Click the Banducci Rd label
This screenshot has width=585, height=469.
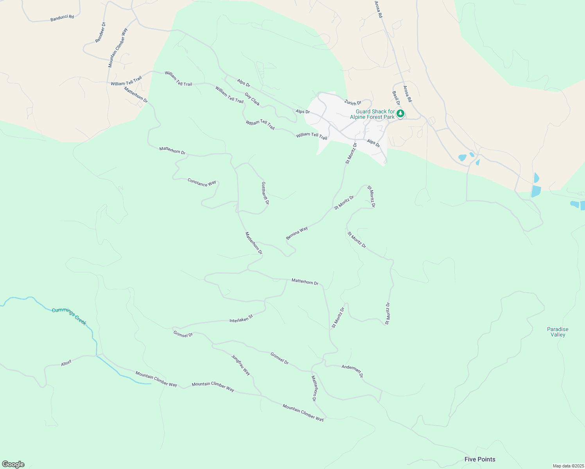[x=62, y=18]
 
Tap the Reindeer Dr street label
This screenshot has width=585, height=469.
[x=100, y=32]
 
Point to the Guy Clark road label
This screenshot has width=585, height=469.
[x=252, y=99]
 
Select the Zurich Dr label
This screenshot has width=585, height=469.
[x=353, y=103]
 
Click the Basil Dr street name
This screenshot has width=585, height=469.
[x=396, y=98]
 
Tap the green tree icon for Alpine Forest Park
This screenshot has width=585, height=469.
[x=400, y=114]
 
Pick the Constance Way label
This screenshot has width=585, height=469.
[x=202, y=182]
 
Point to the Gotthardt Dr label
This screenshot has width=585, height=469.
[x=265, y=193]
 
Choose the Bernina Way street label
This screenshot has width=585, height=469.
[x=297, y=233]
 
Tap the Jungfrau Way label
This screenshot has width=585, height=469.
[x=241, y=365]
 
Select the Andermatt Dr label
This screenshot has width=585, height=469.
[x=352, y=371]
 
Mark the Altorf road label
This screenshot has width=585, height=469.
[x=66, y=363]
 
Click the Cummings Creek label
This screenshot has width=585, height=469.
[x=69, y=316]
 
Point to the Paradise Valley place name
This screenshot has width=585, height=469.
[x=558, y=332]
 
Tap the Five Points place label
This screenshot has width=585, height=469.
[x=480, y=459]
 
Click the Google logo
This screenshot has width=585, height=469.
[x=13, y=464]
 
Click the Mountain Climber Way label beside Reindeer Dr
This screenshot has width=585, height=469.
[x=118, y=48]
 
